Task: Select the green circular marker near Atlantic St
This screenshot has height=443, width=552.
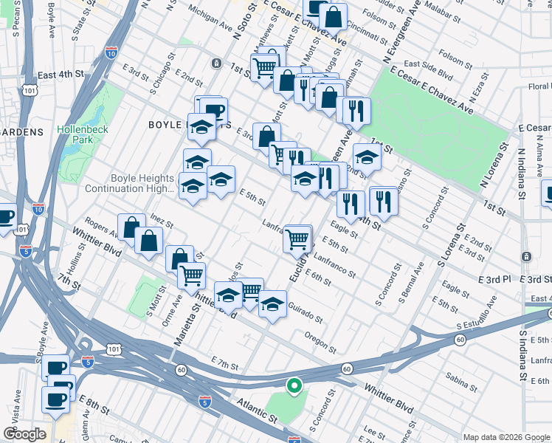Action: point(294,385)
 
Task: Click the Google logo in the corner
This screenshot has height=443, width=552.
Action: point(24,434)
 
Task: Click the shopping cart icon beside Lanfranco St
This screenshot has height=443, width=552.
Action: point(297,238)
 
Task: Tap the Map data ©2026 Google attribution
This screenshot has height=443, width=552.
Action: point(506,436)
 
